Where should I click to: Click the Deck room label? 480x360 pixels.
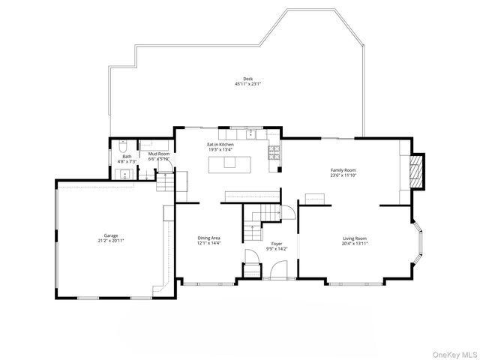click(x=247, y=79)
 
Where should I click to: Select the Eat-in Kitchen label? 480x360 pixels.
click(x=220, y=144)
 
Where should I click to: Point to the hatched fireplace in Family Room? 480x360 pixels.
click(x=418, y=171)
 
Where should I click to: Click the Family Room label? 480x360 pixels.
click(x=343, y=170)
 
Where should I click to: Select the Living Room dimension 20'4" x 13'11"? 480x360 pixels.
click(x=355, y=243)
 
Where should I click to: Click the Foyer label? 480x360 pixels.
click(x=276, y=244)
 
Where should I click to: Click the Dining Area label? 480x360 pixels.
click(x=208, y=238)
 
